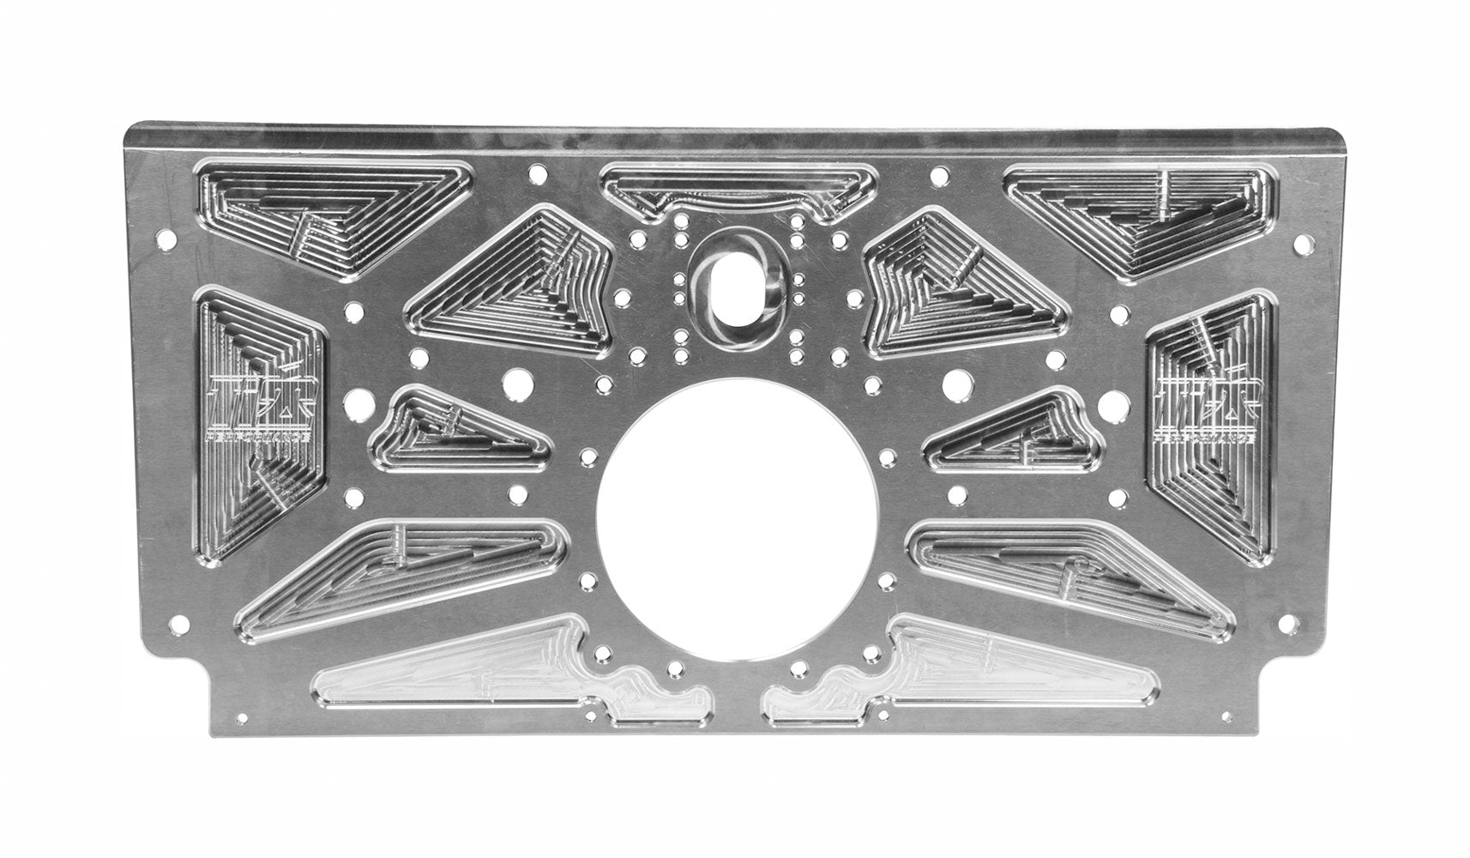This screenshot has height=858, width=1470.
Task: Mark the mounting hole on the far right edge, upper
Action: (x=1303, y=248)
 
